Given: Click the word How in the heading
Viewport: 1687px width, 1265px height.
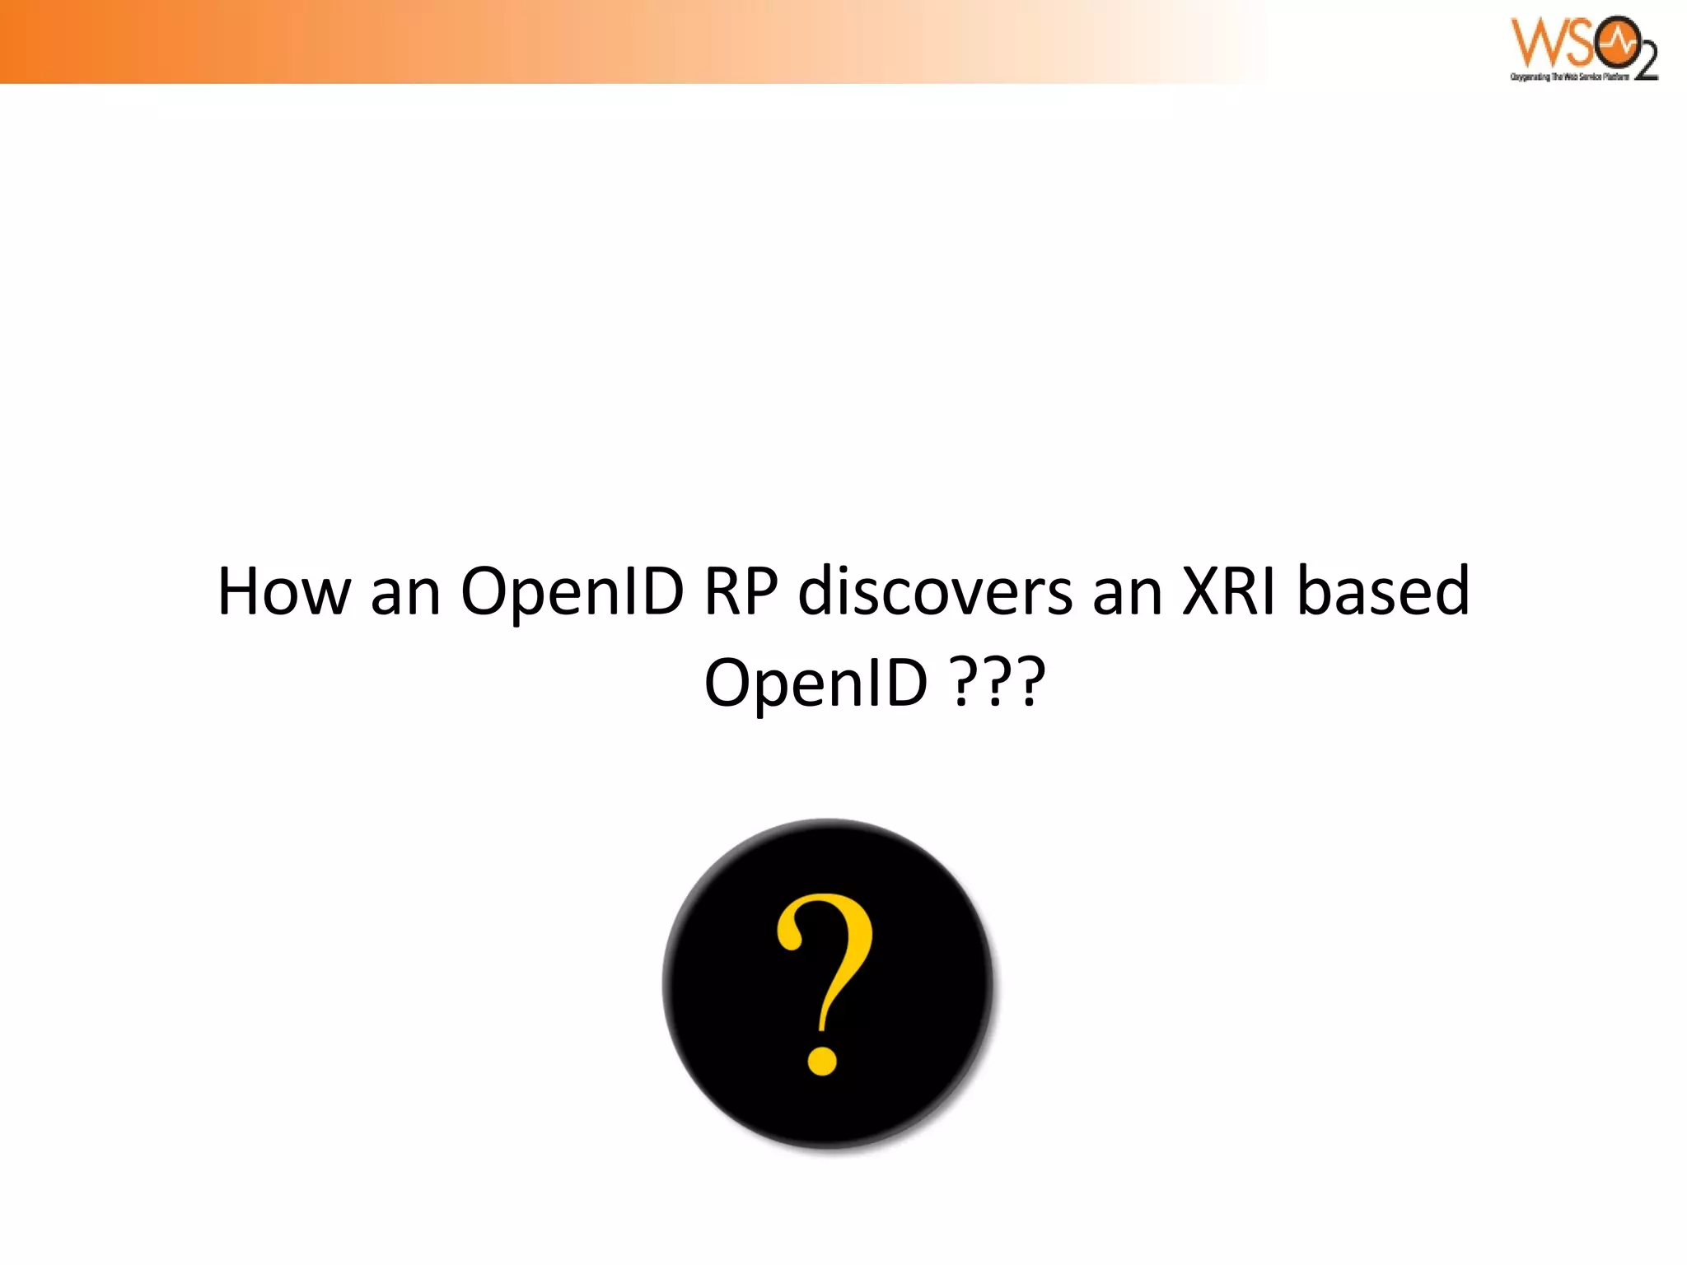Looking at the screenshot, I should coord(283,590).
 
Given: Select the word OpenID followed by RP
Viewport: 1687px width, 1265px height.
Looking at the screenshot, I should coord(572,590).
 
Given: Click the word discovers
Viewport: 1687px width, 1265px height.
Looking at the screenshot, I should coord(935,590).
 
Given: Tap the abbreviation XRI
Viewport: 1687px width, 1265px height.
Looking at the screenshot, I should coord(1229,590).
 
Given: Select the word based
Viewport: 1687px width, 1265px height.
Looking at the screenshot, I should coord(1383,590).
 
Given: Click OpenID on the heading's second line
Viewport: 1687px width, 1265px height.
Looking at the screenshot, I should coord(815,682).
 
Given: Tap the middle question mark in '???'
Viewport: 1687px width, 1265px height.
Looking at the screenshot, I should coord(996,682).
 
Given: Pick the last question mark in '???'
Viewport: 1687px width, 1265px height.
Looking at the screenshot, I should coord(1030,682).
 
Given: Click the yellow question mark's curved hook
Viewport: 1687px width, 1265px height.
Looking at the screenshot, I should coord(832,939).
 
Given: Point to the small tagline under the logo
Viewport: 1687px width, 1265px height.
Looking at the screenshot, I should coord(1569,77).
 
